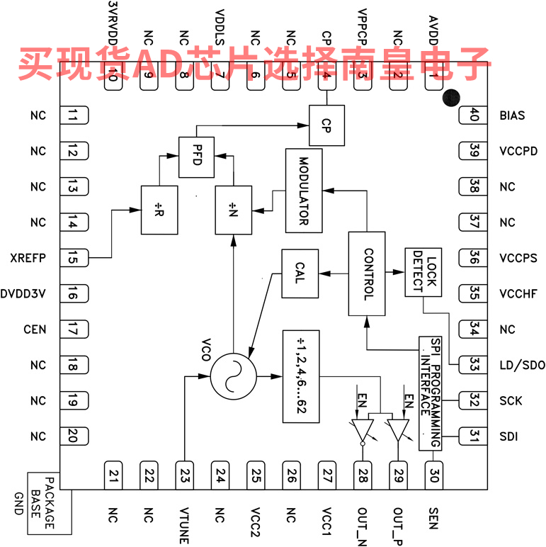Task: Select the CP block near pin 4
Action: click(326, 125)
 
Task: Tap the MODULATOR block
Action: click(304, 191)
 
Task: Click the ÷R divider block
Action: click(159, 210)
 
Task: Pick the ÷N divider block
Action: click(234, 210)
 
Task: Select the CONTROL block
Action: click(367, 273)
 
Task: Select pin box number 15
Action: click(73, 258)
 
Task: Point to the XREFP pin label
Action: click(28, 258)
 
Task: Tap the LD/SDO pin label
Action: click(522, 366)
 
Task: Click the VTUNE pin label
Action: click(184, 525)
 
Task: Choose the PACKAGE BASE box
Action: click(50, 503)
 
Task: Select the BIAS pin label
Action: click(512, 115)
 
